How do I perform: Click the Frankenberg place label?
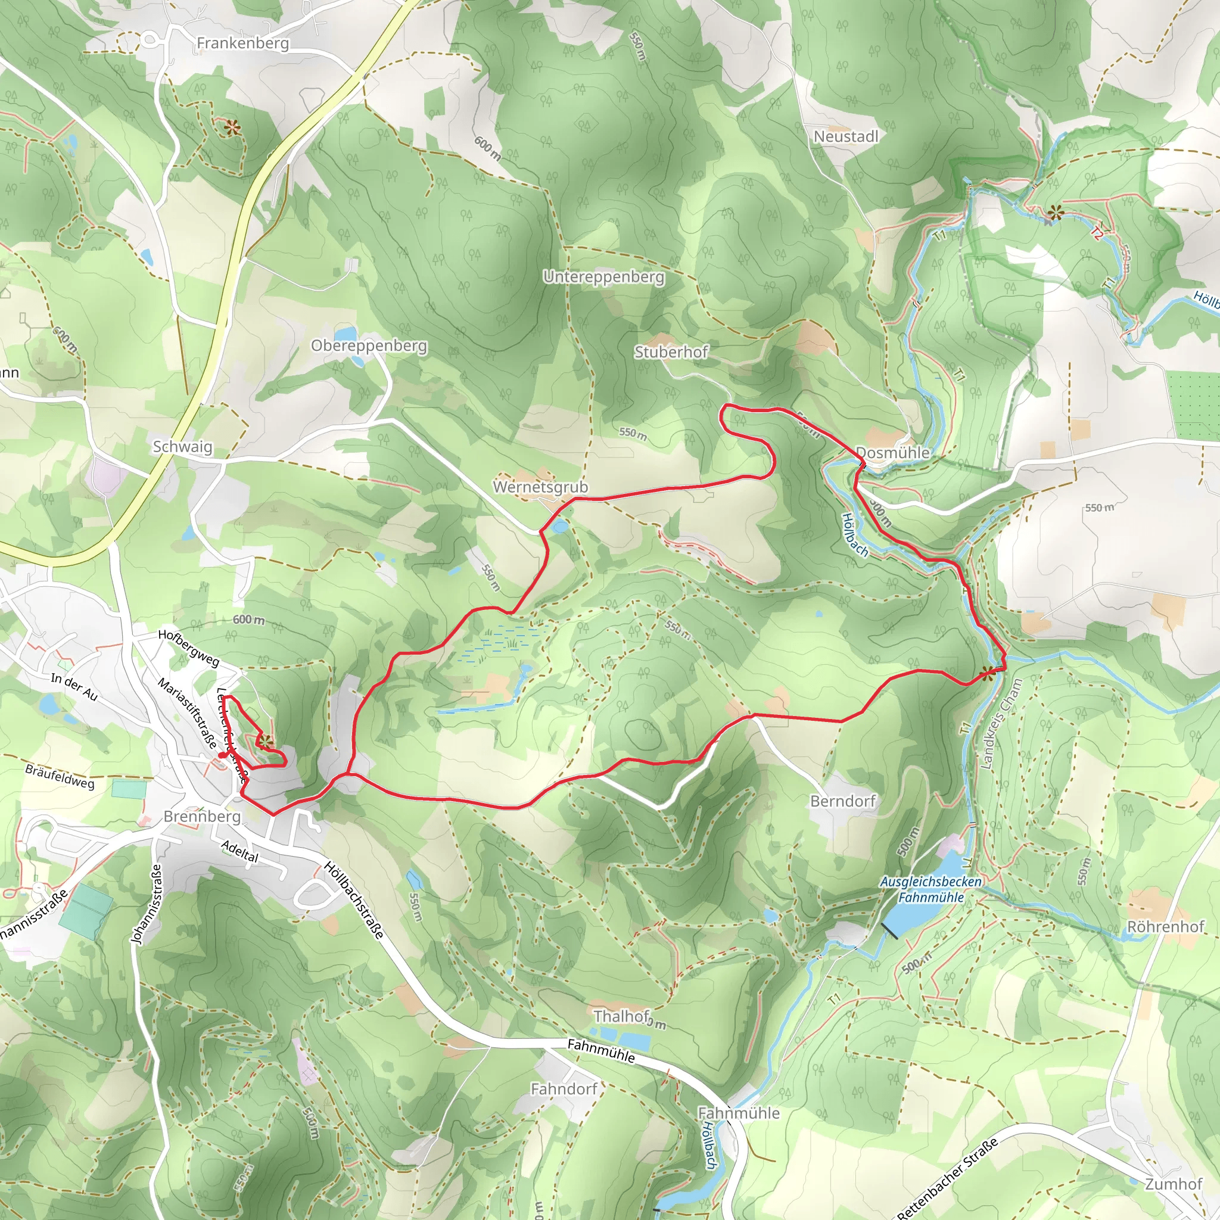tap(242, 43)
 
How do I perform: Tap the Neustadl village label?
tap(845, 136)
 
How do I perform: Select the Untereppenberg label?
tap(603, 276)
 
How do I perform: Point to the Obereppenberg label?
tap(369, 346)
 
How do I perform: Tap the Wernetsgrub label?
tap(540, 487)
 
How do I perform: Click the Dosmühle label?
tap(892, 452)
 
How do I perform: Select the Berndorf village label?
tap(842, 801)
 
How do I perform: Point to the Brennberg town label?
tap(202, 816)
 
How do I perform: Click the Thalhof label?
tap(621, 1016)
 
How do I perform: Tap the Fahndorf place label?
tap(564, 1089)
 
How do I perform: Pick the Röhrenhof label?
tap(1166, 926)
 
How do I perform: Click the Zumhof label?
tap(1174, 1184)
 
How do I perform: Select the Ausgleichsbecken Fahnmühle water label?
tap(931, 889)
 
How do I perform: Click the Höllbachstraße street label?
tap(354, 900)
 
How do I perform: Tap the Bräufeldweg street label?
tap(60, 776)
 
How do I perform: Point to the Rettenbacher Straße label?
tap(947, 1178)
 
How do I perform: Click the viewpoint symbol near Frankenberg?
tap(232, 128)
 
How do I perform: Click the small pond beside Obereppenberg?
tap(345, 334)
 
